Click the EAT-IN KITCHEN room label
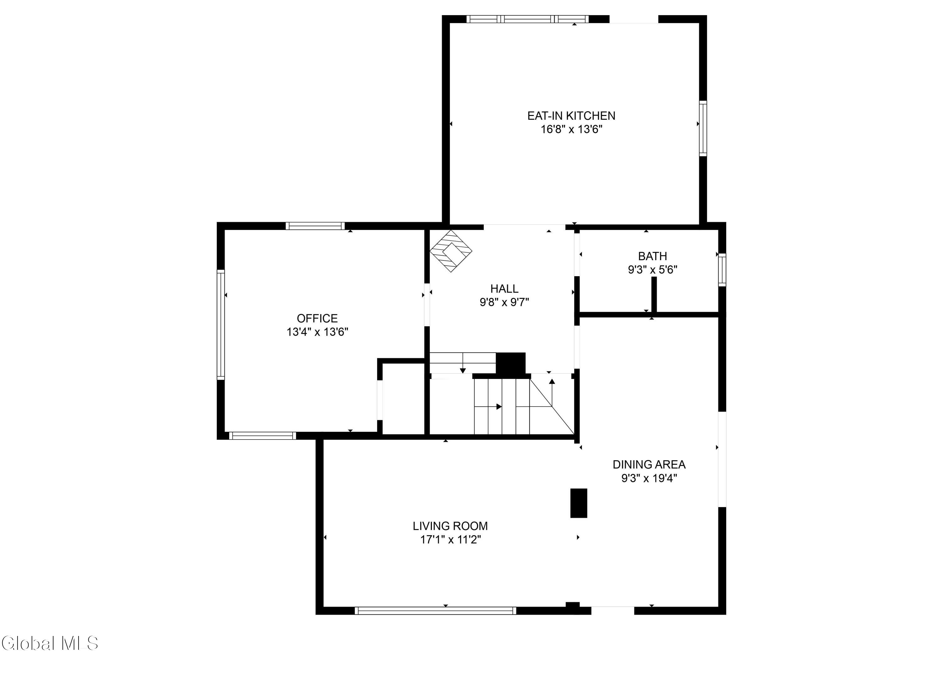(x=571, y=116)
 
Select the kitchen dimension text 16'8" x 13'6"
(x=571, y=129)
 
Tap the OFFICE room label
(x=317, y=318)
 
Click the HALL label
(x=504, y=288)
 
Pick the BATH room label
(x=653, y=256)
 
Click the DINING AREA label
(x=649, y=464)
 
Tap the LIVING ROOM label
(x=450, y=526)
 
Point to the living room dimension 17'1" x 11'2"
(x=450, y=540)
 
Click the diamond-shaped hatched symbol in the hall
(x=451, y=251)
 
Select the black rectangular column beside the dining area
(x=579, y=503)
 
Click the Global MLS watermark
(x=50, y=643)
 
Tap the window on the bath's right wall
(x=722, y=270)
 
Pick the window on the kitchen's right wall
(x=703, y=128)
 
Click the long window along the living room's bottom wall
(x=436, y=611)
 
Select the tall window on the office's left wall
(x=221, y=325)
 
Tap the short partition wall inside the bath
(x=654, y=294)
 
